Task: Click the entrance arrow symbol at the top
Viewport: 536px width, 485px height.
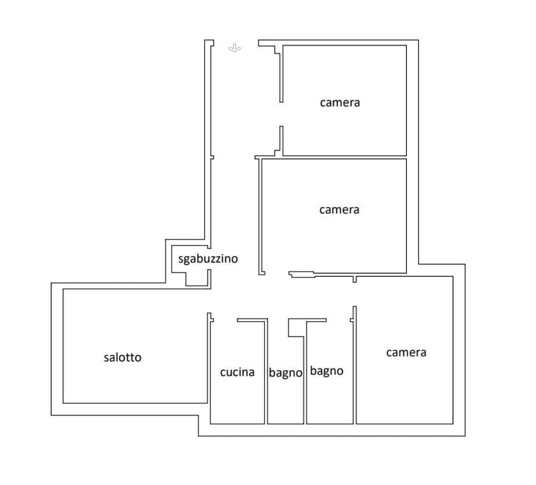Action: [x=234, y=48]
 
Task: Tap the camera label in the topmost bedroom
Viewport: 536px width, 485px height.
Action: [x=339, y=102]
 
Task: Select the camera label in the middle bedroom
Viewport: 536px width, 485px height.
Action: [x=339, y=210]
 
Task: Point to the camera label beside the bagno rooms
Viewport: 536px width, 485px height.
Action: [x=406, y=352]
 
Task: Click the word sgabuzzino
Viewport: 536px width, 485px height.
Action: [x=208, y=259]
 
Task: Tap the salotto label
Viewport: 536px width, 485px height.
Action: [x=122, y=358]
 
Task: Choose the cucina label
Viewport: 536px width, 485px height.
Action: [x=237, y=372]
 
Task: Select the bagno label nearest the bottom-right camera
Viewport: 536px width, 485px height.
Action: [x=326, y=371]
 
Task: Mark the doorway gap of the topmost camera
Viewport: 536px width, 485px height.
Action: [x=281, y=114]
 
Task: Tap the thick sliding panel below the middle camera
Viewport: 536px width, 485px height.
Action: [x=302, y=275]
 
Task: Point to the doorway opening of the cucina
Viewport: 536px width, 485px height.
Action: [x=224, y=320]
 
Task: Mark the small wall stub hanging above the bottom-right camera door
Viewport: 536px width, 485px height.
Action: [x=355, y=279]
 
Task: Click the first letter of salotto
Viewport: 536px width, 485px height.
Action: [x=106, y=358]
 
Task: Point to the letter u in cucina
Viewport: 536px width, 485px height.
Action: [x=230, y=372]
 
